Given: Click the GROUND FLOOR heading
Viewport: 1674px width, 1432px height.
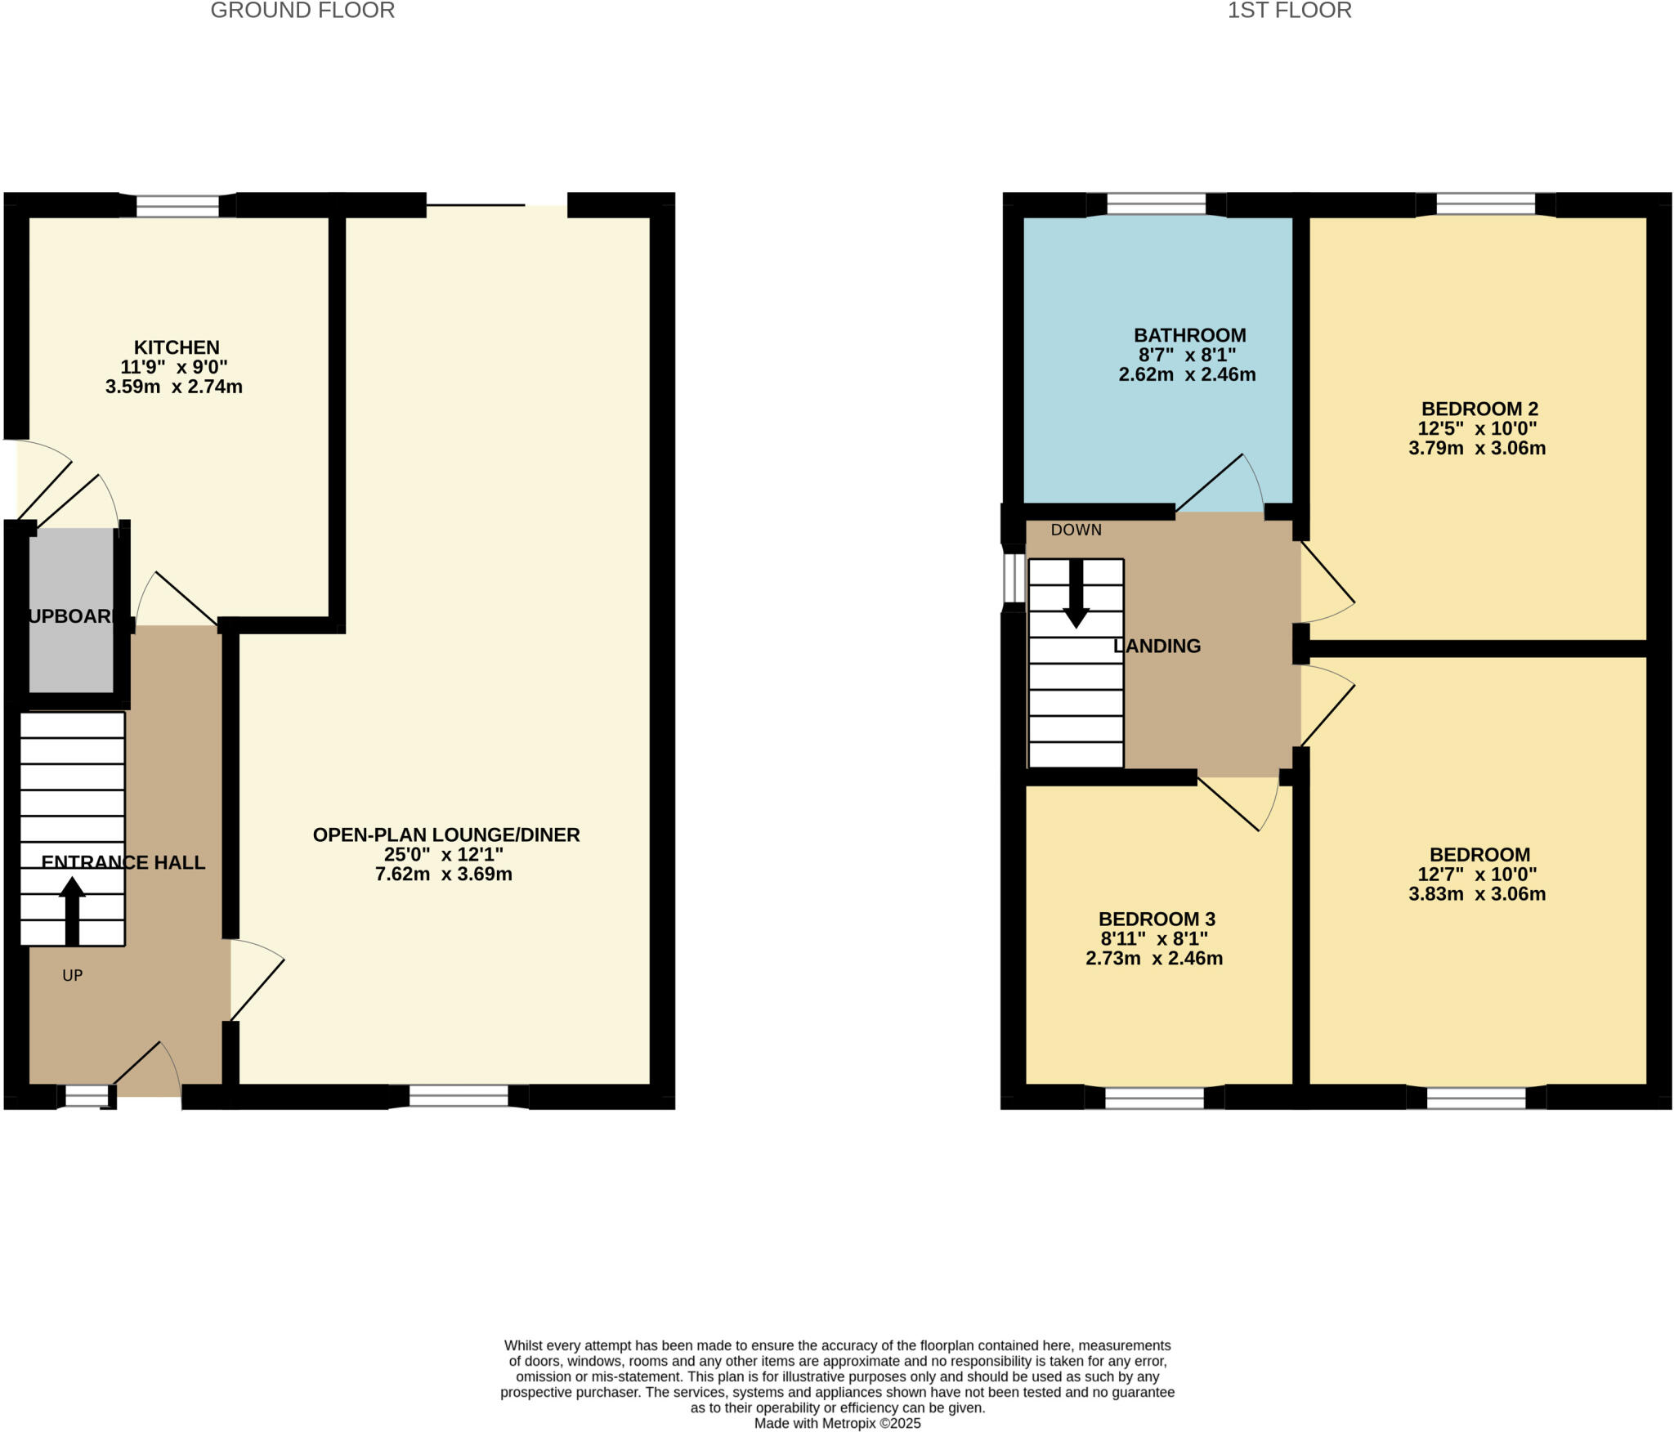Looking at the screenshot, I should click(x=302, y=11).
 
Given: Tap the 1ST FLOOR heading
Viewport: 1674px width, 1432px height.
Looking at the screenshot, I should click(x=1289, y=11).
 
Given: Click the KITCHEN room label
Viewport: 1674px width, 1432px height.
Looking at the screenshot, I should click(x=177, y=347).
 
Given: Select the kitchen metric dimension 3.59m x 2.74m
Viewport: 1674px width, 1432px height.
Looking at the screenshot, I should click(x=173, y=387).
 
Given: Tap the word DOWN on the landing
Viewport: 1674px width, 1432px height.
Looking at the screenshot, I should click(x=1076, y=530).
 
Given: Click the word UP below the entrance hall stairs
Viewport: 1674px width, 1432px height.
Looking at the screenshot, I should click(x=73, y=975).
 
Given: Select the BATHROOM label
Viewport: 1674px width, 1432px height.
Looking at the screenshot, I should click(x=1189, y=335).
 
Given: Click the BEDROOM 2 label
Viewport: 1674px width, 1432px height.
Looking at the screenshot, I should click(x=1479, y=409).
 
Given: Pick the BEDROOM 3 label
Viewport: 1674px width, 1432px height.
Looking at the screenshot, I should click(x=1156, y=920).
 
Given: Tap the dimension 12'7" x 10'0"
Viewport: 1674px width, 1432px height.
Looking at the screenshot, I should click(x=1477, y=875).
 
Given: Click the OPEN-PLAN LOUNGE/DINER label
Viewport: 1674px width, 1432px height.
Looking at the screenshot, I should click(x=446, y=835).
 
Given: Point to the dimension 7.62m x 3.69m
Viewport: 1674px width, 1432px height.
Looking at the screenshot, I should click(x=444, y=875).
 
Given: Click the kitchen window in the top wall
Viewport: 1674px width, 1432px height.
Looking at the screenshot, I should click(x=177, y=205).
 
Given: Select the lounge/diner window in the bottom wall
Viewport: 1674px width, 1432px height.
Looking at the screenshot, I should click(x=459, y=1095).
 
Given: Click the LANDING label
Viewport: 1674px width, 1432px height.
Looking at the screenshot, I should click(x=1157, y=646).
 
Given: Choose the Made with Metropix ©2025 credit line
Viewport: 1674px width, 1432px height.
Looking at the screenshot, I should click(x=837, y=1423).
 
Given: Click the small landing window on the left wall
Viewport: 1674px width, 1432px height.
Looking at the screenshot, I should click(x=1014, y=577).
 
